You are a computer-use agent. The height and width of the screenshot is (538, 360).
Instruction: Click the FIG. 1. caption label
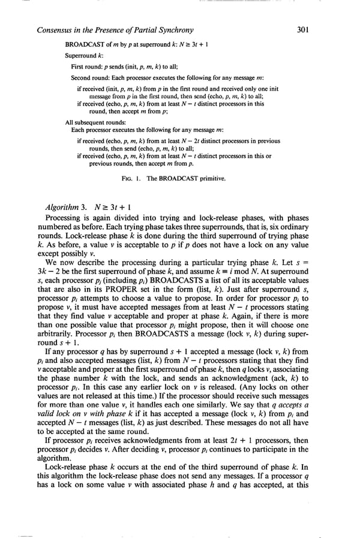[131, 179]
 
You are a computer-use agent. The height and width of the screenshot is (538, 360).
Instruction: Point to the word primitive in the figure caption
[215, 179]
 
